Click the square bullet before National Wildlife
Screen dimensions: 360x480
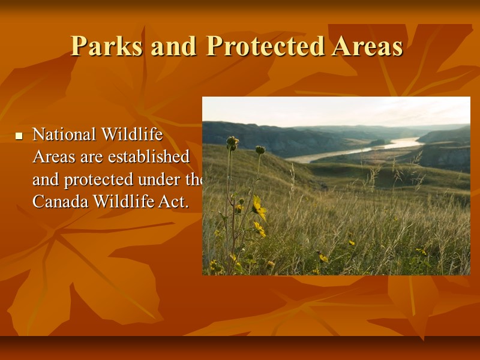(x=19, y=137)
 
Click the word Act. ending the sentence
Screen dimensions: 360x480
(x=173, y=202)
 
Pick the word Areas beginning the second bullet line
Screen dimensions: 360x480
(x=52, y=157)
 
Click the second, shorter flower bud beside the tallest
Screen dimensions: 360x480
(x=260, y=149)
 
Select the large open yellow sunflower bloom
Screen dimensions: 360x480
(x=259, y=208)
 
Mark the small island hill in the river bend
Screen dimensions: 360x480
(x=379, y=143)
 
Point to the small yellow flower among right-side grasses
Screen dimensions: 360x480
(x=352, y=242)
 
